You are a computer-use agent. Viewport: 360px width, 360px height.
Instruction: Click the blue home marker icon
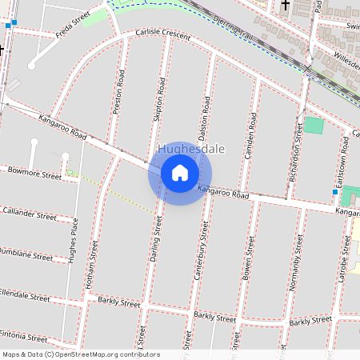pyautogui.click(x=180, y=173)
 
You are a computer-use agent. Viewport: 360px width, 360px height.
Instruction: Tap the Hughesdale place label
pyautogui.click(x=191, y=150)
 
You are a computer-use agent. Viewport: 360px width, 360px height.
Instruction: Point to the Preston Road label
pyautogui.click(x=120, y=91)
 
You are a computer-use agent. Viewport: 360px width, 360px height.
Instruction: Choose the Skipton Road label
pyautogui.click(x=159, y=99)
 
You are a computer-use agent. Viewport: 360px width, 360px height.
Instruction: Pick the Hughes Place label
pyautogui.click(x=73, y=240)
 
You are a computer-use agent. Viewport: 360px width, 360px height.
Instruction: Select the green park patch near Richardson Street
pyautogui.click(x=314, y=126)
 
